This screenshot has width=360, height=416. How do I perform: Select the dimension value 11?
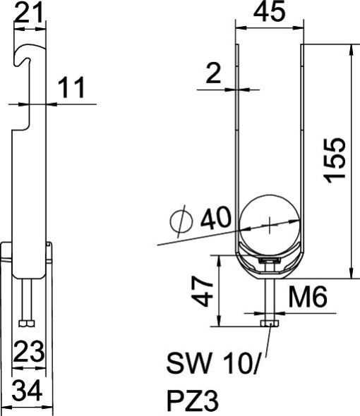[x=70, y=89]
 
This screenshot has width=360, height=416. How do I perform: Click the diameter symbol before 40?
[x=181, y=221]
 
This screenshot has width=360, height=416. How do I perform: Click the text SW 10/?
[x=212, y=365]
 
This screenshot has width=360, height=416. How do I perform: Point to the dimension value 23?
[x=29, y=350]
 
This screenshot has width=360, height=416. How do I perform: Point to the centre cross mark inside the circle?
[x=270, y=224]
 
